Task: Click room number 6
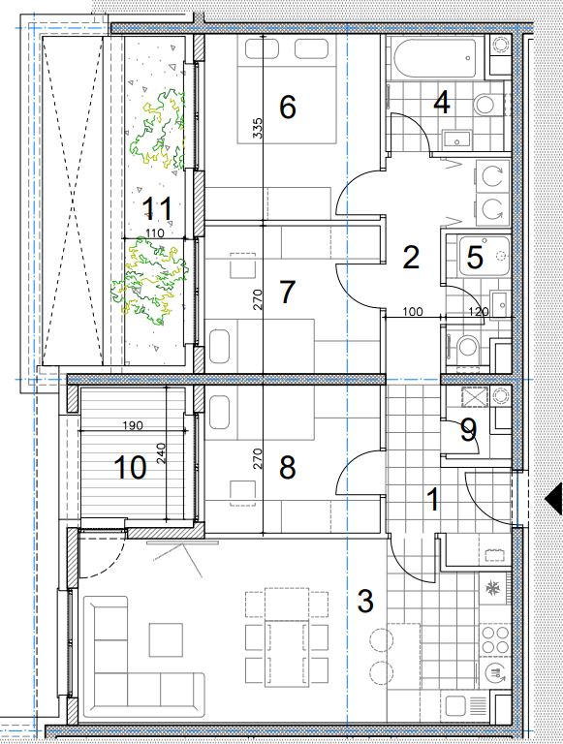[288, 107]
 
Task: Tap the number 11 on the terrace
[157, 209]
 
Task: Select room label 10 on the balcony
[130, 467]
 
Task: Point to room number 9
[469, 430]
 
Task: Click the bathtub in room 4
[434, 59]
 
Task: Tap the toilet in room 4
[486, 104]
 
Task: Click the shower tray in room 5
[484, 256]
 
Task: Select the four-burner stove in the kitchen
[494, 639]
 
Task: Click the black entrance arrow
[553, 499]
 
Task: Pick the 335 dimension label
[257, 128]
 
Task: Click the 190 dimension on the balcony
[133, 425]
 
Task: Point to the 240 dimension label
[161, 453]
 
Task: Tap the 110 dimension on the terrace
[155, 232]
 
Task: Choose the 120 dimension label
[479, 312]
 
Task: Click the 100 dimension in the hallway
[413, 312]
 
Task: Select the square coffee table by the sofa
[166, 639]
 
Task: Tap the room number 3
[365, 602]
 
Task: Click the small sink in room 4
[456, 139]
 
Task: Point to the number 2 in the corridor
[411, 257]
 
